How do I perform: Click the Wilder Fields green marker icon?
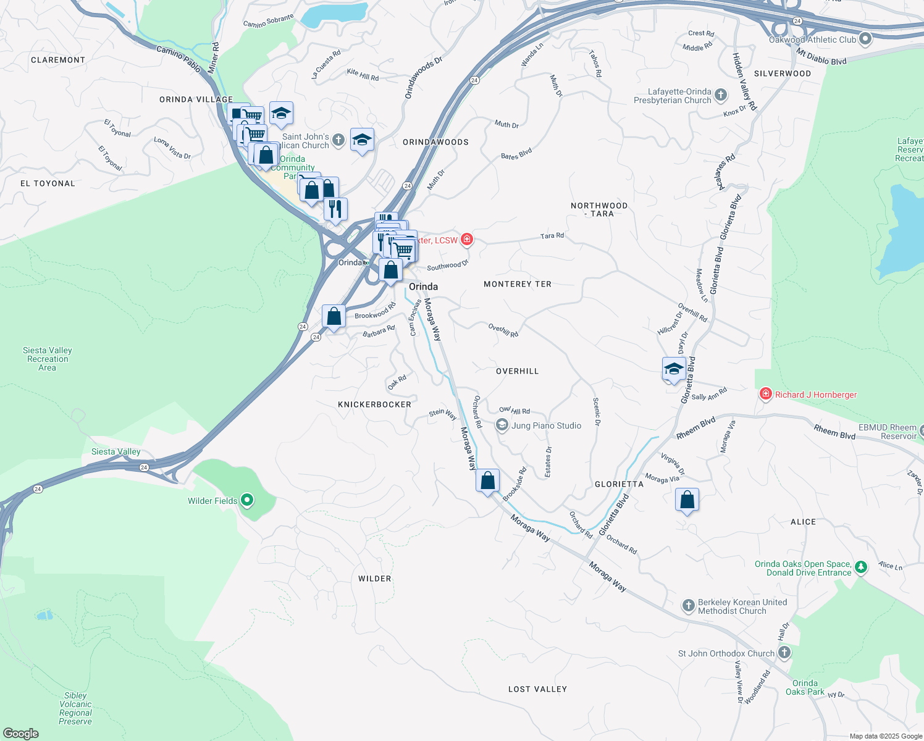point(247,500)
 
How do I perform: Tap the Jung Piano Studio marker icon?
point(502,425)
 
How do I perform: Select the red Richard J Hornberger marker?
point(766,394)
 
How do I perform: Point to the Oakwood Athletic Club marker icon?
point(865,40)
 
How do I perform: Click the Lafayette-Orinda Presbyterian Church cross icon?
point(721,95)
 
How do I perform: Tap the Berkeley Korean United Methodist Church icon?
point(689,606)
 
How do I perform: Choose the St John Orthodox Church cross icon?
point(784,653)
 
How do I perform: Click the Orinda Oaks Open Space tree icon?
point(861,566)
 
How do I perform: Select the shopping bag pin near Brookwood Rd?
point(334,317)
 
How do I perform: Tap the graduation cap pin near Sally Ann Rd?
point(674,369)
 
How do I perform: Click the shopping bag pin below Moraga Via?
point(687,500)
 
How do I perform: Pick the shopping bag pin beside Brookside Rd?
point(487,480)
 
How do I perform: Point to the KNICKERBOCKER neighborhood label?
point(374,404)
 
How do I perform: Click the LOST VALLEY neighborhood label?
point(537,689)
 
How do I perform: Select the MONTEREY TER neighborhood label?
point(518,284)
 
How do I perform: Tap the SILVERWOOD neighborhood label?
point(783,73)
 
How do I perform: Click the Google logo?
point(20,734)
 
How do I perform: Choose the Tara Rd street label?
point(552,236)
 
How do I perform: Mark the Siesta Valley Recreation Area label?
point(48,359)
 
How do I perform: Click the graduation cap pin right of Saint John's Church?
point(362,140)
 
